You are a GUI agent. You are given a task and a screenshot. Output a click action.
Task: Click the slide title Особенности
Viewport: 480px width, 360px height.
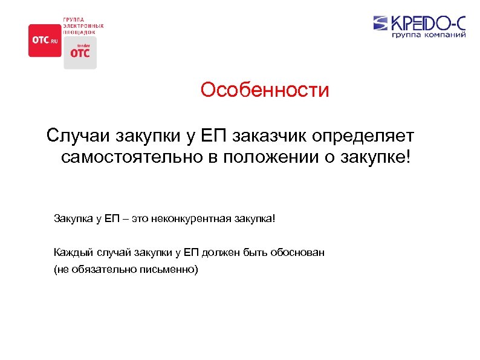point(265,90)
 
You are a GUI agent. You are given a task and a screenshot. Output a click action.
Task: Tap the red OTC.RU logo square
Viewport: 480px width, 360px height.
point(45,41)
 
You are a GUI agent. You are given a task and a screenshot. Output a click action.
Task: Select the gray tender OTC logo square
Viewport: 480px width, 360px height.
point(80,53)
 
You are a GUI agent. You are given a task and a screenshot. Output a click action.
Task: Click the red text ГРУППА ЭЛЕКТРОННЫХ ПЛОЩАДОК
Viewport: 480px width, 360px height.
point(83,26)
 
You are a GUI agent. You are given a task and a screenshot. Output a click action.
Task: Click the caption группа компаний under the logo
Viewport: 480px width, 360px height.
point(429,36)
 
